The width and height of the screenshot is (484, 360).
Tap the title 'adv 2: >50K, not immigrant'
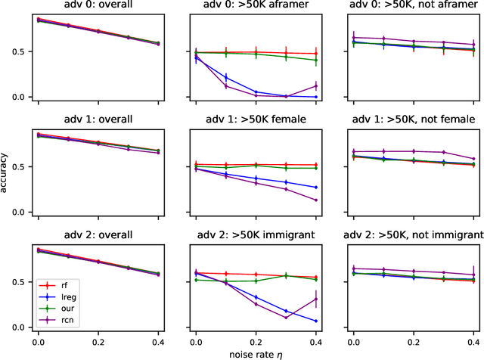click(x=412, y=234)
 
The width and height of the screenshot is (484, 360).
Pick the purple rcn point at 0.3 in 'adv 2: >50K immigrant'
click(x=286, y=318)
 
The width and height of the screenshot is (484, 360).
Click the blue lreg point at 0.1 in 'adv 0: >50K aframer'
click(x=225, y=76)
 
